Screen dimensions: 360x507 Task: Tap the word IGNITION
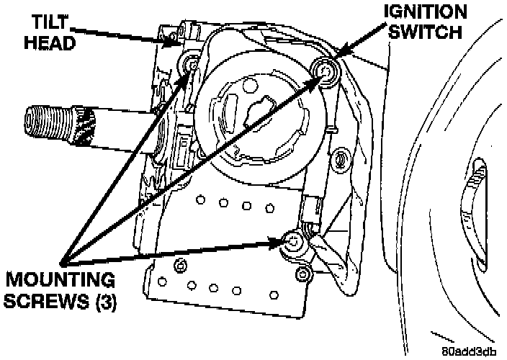423,12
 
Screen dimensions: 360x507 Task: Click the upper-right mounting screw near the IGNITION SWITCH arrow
326,71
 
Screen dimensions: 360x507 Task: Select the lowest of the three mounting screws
293,243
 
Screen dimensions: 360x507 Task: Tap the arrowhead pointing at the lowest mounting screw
281,243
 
